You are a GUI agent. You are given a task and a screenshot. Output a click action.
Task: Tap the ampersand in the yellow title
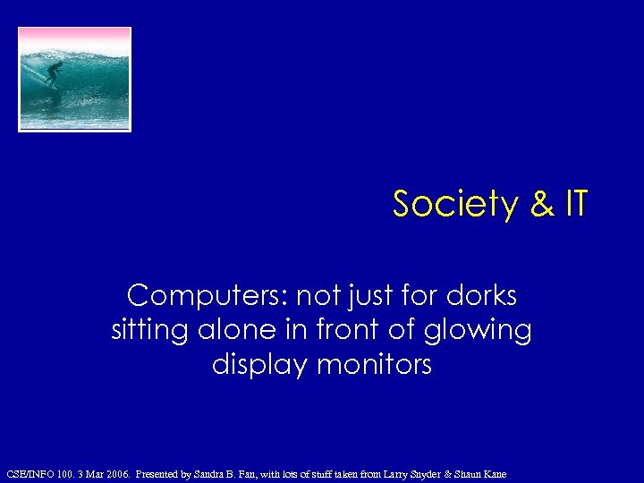tap(542, 205)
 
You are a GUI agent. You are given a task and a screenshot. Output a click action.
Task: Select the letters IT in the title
tap(575, 205)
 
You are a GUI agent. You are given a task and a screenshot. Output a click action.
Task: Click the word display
tap(252, 365)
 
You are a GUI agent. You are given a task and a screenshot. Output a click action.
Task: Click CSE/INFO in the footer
tap(29, 473)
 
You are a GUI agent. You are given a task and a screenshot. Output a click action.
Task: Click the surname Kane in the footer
tap(493, 473)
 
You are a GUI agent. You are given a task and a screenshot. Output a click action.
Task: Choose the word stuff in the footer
tap(323, 473)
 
